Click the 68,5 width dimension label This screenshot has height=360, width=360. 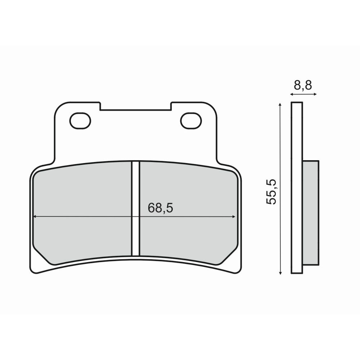click(160, 208)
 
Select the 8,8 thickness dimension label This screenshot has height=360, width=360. click(303, 85)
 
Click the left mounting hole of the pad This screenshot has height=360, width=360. click(80, 121)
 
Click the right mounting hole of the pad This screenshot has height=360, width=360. click(191, 121)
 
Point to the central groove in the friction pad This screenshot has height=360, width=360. click(135, 208)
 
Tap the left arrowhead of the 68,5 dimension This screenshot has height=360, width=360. click(35, 216)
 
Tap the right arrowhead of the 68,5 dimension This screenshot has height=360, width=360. click(234, 216)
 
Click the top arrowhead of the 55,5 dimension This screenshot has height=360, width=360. click(280, 105)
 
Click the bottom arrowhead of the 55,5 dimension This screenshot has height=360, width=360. click(280, 272)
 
